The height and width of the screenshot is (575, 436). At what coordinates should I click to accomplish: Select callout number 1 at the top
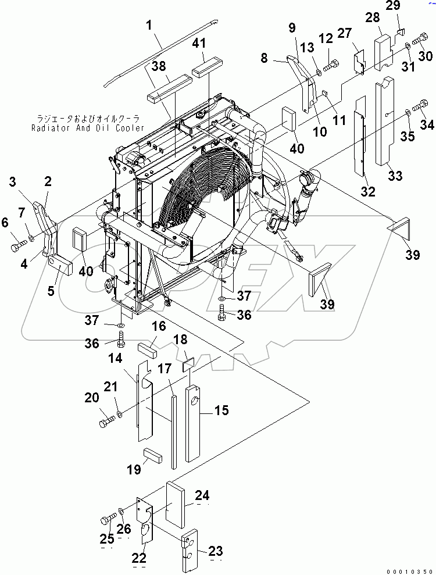click(x=149, y=26)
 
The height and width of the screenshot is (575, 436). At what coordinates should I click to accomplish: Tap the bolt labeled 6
click(x=17, y=247)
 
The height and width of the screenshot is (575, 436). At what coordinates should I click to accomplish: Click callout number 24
click(x=202, y=496)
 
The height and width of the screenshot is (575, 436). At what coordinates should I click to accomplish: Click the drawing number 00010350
click(x=411, y=571)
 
